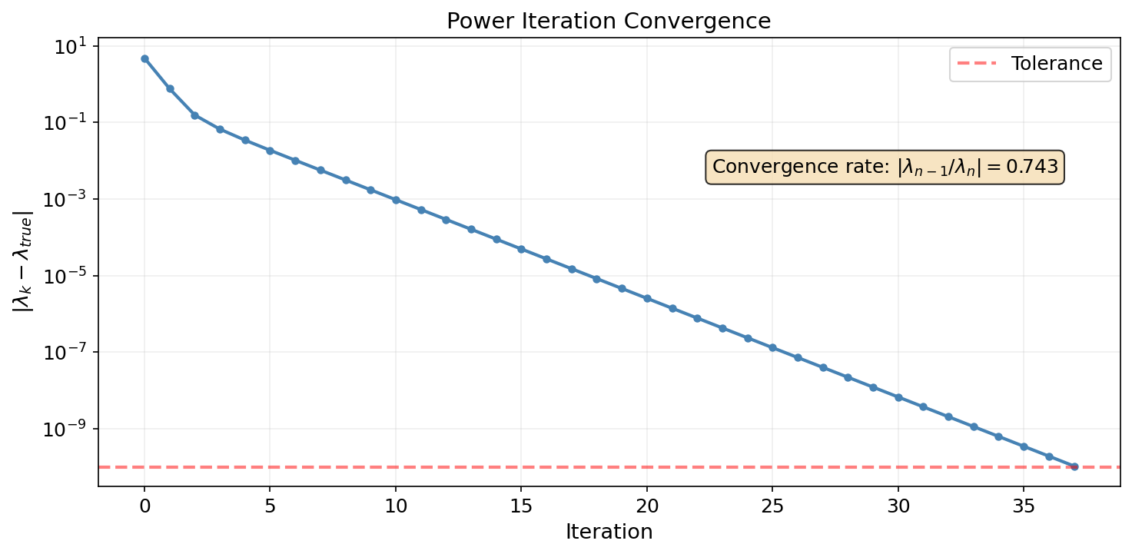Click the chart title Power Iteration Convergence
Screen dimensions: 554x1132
(x=609, y=22)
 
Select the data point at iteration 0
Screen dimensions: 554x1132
(x=144, y=58)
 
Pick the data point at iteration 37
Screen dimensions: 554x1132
(x=1074, y=466)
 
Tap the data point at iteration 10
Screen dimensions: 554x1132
(x=396, y=200)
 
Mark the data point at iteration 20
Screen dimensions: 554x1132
(x=647, y=298)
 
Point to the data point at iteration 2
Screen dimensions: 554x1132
(x=194, y=115)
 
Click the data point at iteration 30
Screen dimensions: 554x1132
(x=898, y=397)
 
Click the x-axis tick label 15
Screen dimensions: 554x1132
(x=521, y=506)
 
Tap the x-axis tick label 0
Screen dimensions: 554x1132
(x=144, y=506)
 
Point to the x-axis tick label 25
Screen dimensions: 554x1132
(x=772, y=506)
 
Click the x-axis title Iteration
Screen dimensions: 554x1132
(x=609, y=532)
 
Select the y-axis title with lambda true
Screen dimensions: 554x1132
(x=22, y=261)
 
